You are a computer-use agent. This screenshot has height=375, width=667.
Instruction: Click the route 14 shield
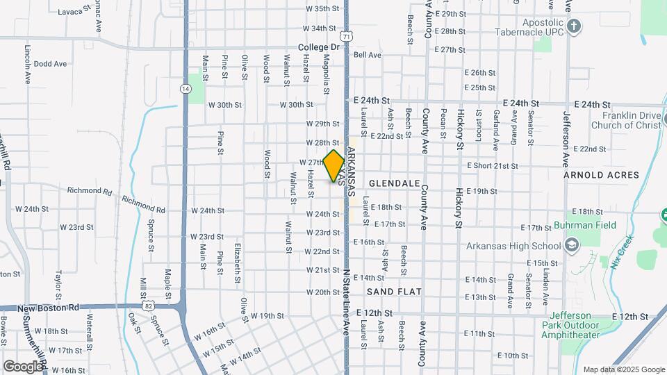click(x=185, y=88)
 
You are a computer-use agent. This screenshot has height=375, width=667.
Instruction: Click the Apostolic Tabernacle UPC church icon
click(x=573, y=26)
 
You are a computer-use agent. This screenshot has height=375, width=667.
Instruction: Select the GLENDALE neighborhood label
click(x=394, y=183)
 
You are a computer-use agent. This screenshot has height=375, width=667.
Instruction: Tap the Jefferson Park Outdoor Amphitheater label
click(x=570, y=329)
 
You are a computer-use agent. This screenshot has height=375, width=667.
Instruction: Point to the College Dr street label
click(x=318, y=47)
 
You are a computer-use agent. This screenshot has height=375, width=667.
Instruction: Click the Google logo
click(x=23, y=366)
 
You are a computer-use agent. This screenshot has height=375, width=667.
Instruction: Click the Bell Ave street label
click(x=368, y=55)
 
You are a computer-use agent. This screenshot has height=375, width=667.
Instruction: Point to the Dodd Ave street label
click(x=50, y=63)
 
